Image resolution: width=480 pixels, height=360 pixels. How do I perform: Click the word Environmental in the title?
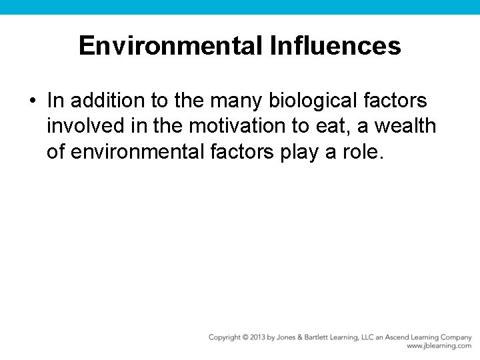click(171, 46)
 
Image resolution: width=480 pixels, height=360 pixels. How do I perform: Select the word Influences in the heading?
click(335, 46)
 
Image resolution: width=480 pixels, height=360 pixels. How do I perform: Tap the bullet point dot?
click(32, 101)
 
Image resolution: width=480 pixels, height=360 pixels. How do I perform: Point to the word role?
click(363, 152)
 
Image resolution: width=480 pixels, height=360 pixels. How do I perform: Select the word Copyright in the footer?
click(225, 337)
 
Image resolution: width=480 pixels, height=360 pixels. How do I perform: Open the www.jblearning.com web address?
click(439, 346)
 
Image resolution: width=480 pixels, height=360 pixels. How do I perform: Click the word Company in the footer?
click(455, 337)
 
